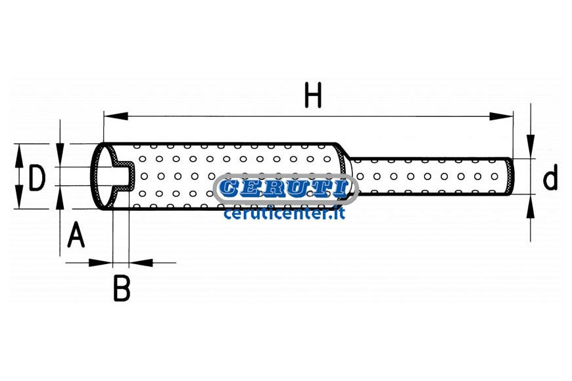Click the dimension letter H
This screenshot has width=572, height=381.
pos(314,95)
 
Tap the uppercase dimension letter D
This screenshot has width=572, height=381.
pos(37,177)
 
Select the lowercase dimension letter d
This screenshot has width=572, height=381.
pos(550,177)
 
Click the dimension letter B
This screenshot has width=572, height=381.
pos(122,288)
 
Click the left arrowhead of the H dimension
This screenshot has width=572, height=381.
pos(116,116)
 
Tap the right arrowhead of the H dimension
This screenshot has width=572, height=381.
pos(501,116)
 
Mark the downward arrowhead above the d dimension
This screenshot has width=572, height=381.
pos(531,146)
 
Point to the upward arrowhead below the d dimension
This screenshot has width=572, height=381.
pos(531,206)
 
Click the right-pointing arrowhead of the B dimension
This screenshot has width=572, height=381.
pos(101,263)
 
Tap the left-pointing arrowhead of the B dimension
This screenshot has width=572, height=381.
pos(141,263)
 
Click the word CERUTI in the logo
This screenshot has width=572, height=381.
pos(284,189)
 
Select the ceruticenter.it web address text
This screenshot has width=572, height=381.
pos(284,213)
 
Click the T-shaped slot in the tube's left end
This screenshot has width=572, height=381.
pos(122,177)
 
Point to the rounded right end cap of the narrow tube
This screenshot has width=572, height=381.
pos(510,177)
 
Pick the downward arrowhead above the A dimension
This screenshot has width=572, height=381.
pos(60,155)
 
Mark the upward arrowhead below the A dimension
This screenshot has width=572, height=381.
pos(60,198)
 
